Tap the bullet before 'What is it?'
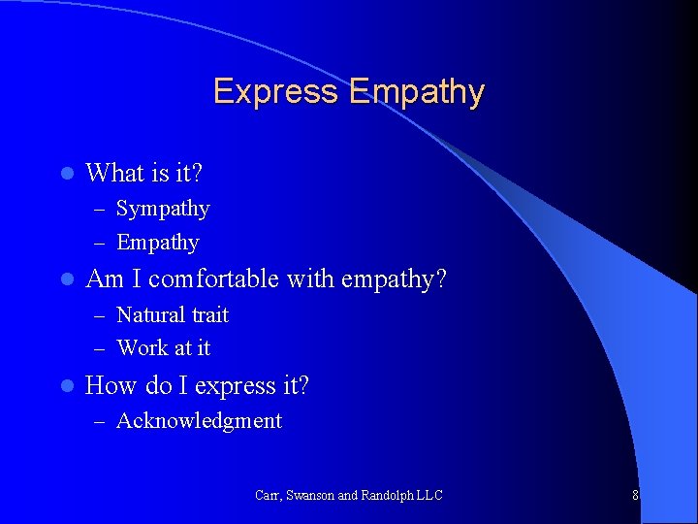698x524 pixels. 66,174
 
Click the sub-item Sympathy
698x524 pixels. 163,209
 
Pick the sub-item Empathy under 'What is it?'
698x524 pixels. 158,243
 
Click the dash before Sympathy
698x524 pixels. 100,210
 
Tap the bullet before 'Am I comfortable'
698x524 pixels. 66,280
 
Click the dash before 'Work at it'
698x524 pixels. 100,348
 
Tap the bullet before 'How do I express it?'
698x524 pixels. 66,386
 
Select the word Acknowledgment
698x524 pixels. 199,420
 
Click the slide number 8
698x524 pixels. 635,495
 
